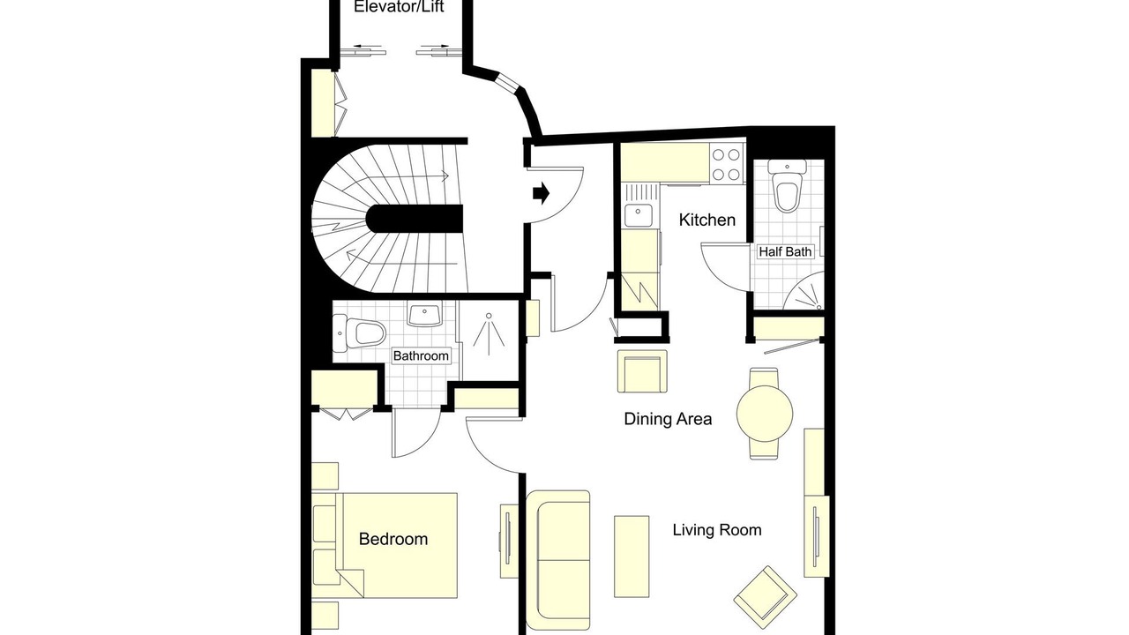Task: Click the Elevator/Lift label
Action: coord(399,6)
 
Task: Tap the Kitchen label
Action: coord(707,220)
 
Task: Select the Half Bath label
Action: coord(785,251)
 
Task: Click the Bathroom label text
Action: coord(421,355)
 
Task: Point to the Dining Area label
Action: coord(668,419)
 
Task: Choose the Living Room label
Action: coord(717,530)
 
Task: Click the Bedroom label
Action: coord(393,539)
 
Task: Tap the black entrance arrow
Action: coord(541,193)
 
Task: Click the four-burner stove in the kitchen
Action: coord(726,164)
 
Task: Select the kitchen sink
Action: coord(639,216)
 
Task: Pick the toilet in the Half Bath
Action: coord(787,186)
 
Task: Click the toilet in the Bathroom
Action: coord(359,333)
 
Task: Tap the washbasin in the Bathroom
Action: coord(424,315)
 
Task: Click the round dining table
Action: coord(765,414)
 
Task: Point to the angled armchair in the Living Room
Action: coord(765,598)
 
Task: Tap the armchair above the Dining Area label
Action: coord(643,371)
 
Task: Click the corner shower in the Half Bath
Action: coord(804,291)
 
